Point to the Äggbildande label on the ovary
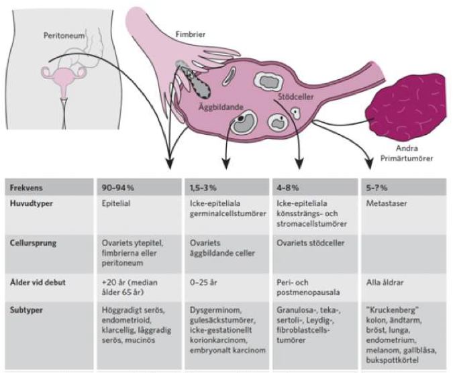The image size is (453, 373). [219, 107]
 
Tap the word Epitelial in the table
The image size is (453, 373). [116, 200]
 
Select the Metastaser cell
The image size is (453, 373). [387, 200]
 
